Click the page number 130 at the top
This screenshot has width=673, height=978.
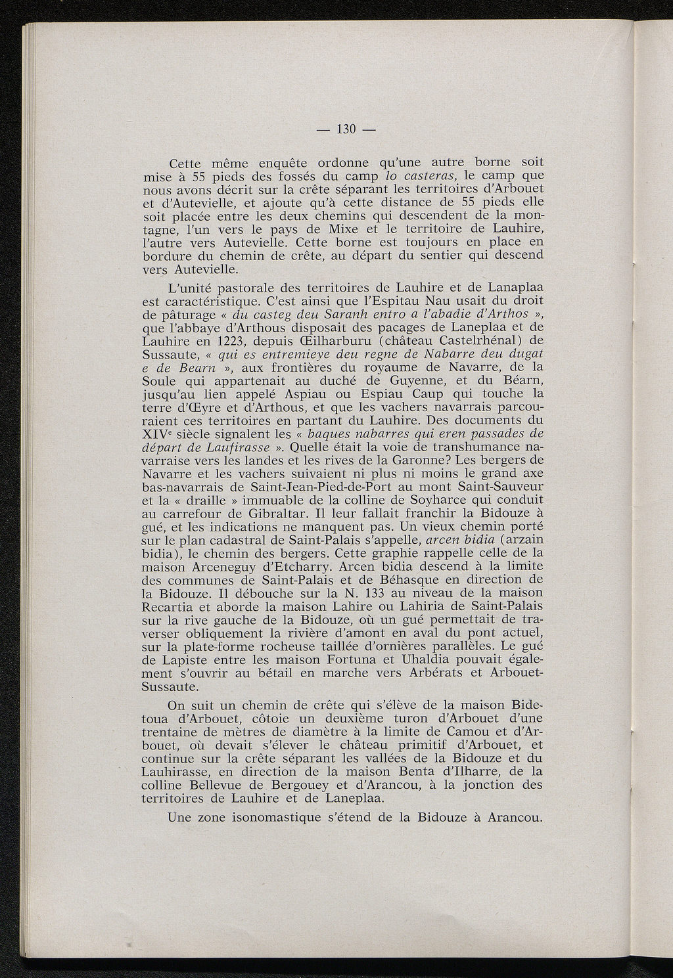click(x=346, y=129)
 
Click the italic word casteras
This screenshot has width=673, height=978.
click(x=433, y=176)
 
